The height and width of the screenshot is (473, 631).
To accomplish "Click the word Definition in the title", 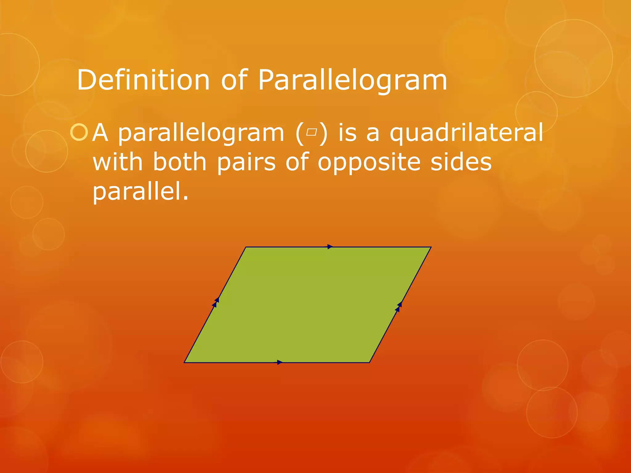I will click(143, 80).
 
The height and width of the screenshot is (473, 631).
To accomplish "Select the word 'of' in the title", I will click(234, 80).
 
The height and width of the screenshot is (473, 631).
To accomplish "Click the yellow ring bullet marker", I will click(79, 132).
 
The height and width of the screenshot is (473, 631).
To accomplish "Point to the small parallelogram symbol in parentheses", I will click(311, 132).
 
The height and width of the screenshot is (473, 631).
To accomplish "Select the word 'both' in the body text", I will click(179, 162).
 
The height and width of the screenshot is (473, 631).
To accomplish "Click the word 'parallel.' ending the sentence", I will click(140, 191).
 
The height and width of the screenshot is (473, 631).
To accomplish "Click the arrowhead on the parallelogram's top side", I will click(330, 247).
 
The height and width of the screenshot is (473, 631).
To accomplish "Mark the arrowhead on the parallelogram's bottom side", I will click(279, 362).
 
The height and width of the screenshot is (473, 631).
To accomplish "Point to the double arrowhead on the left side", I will click(216, 302).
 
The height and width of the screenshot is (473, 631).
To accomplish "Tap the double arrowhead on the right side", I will click(399, 307).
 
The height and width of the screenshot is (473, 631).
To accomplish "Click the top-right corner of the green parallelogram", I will click(430, 247).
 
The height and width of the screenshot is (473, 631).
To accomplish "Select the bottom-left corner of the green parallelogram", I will click(185, 362).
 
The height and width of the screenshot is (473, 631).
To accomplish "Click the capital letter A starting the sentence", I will click(100, 132).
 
